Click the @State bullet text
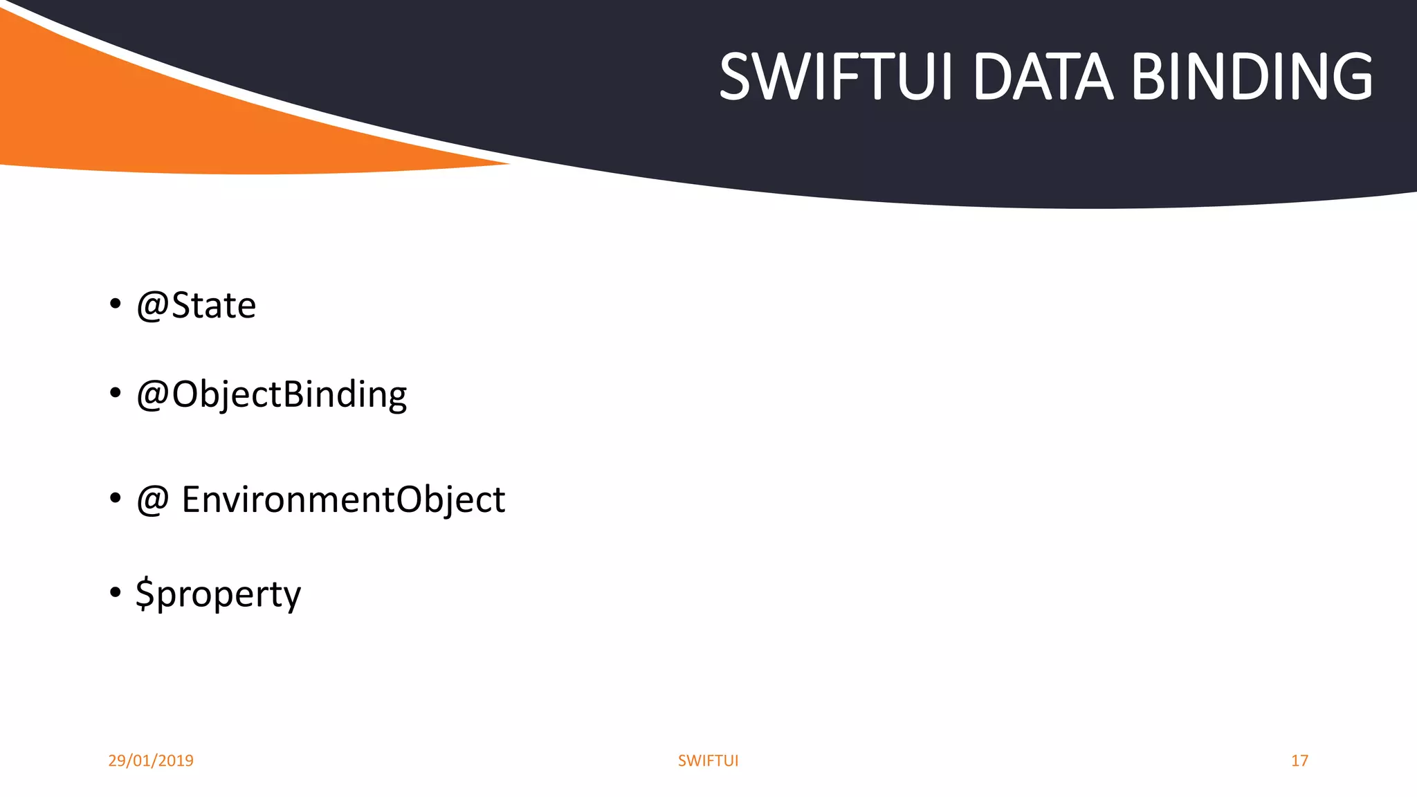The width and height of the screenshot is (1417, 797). coord(196,305)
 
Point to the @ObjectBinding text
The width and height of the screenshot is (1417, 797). coord(272,394)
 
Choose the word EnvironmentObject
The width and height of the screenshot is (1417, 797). coord(343,500)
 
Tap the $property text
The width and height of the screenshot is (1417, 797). coord(219,594)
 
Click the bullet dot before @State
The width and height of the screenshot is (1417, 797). coord(116,304)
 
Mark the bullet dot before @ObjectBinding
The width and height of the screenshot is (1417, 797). coord(116,393)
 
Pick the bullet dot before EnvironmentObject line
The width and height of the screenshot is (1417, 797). coord(116,498)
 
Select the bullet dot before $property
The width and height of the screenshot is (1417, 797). coord(116,592)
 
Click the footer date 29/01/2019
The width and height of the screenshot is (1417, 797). coord(151,760)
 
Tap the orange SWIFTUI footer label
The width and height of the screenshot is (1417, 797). coord(708,760)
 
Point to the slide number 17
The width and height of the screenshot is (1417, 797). coord(1299,760)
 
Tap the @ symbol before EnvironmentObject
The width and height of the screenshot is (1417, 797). coord(153,500)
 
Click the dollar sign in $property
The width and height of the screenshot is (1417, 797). coord(145,594)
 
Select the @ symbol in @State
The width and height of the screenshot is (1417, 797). coord(153,306)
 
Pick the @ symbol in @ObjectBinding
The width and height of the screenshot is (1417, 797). coord(153,396)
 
